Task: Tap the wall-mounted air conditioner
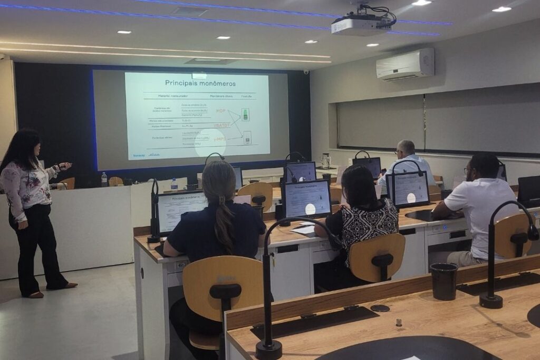coord(405,64)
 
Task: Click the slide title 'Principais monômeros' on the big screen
coord(200,83)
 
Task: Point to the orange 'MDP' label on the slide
coord(220,111)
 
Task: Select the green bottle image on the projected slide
coord(245,114)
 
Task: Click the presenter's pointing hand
coord(64,167)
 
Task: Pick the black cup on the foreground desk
coord(444,281)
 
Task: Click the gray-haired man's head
coord(406,148)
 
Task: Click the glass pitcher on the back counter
coord(325,160)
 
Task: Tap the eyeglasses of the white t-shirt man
coord(466,171)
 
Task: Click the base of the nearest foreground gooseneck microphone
coord(268,349)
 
